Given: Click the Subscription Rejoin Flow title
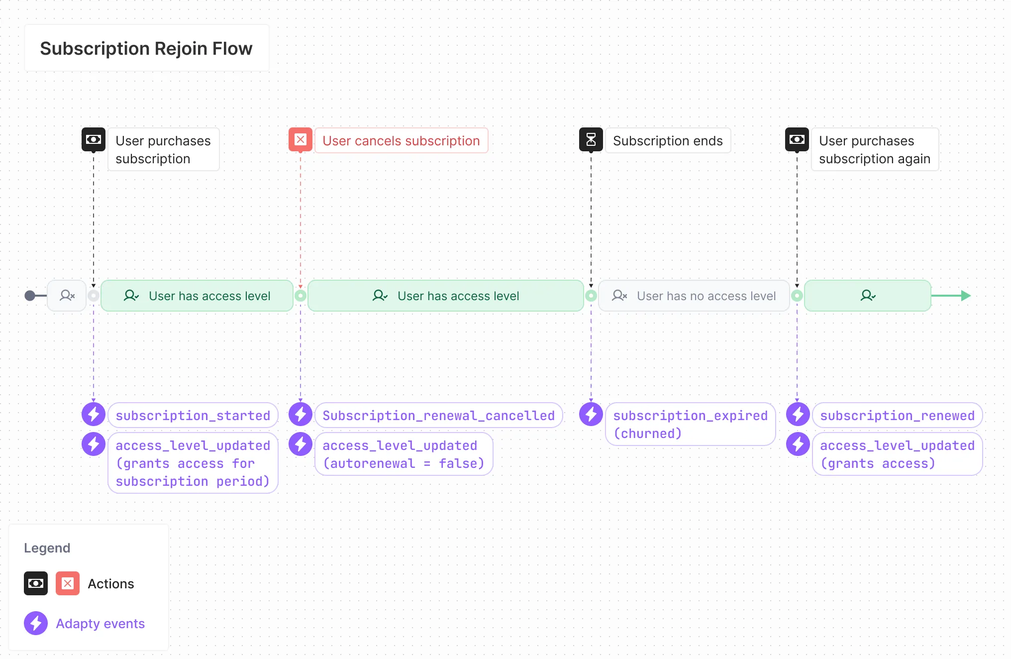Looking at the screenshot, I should pos(146,48).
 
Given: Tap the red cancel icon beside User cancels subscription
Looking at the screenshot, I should pos(301,140).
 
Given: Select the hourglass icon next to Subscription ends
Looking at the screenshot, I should pos(591,140).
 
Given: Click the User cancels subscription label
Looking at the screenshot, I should pos(401,141).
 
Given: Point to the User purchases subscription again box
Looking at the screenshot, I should pos(874,150).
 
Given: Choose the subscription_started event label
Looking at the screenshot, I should pos(193,416).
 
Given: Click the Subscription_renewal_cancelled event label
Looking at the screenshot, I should pos(438,416).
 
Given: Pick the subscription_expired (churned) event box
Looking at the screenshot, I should pos(690,425).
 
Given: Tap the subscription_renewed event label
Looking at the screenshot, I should pos(897,416).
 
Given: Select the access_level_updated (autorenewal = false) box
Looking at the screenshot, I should pos(404,454).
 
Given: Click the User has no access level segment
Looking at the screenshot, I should pos(694,296).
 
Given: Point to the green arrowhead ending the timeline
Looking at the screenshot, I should pos(966,296).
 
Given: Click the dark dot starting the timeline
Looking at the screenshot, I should pos(30,296).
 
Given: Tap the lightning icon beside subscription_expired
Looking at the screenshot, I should pos(591,415).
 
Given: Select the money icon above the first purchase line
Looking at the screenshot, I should pos(94,140).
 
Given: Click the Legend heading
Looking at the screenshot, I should pos(47,548).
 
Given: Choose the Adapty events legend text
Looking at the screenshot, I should pos(100,624).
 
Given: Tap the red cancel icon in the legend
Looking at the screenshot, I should pos(68,584).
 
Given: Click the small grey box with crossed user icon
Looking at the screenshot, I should pos(67,296).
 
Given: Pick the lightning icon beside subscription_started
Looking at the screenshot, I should pos(94,415).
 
